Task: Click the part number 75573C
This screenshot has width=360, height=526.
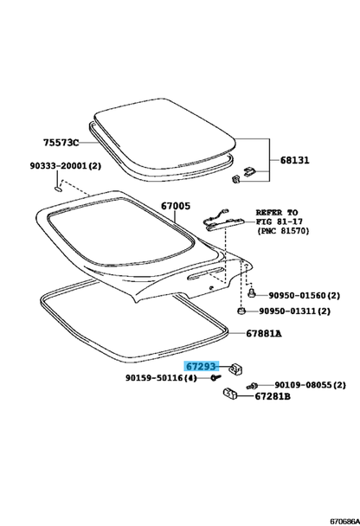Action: (x=61, y=143)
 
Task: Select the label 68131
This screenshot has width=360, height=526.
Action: (x=295, y=160)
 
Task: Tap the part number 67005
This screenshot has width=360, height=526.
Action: (x=176, y=206)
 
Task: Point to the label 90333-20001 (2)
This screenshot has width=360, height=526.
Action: (x=66, y=166)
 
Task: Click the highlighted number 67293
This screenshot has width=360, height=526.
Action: (x=201, y=366)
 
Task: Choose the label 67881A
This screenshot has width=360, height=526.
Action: (x=264, y=333)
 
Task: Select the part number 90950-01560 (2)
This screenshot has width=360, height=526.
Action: (x=304, y=296)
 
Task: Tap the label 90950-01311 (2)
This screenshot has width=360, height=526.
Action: (x=294, y=311)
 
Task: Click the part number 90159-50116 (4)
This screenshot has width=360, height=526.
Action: (x=161, y=378)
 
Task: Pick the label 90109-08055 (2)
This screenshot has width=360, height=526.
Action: (x=310, y=385)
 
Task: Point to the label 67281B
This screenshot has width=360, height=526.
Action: (x=273, y=396)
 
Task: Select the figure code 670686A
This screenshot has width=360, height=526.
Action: (x=345, y=522)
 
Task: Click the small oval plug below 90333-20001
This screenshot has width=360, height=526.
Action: (x=58, y=189)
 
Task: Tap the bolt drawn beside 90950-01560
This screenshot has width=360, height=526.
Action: (x=251, y=293)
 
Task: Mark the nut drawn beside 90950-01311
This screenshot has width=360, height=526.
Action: (x=241, y=311)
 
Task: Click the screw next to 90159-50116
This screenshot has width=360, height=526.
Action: (x=215, y=378)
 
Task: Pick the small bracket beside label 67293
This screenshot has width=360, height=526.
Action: (x=236, y=369)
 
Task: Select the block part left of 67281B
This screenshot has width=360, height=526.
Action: (x=230, y=394)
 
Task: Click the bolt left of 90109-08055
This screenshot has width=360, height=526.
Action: (x=252, y=387)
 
